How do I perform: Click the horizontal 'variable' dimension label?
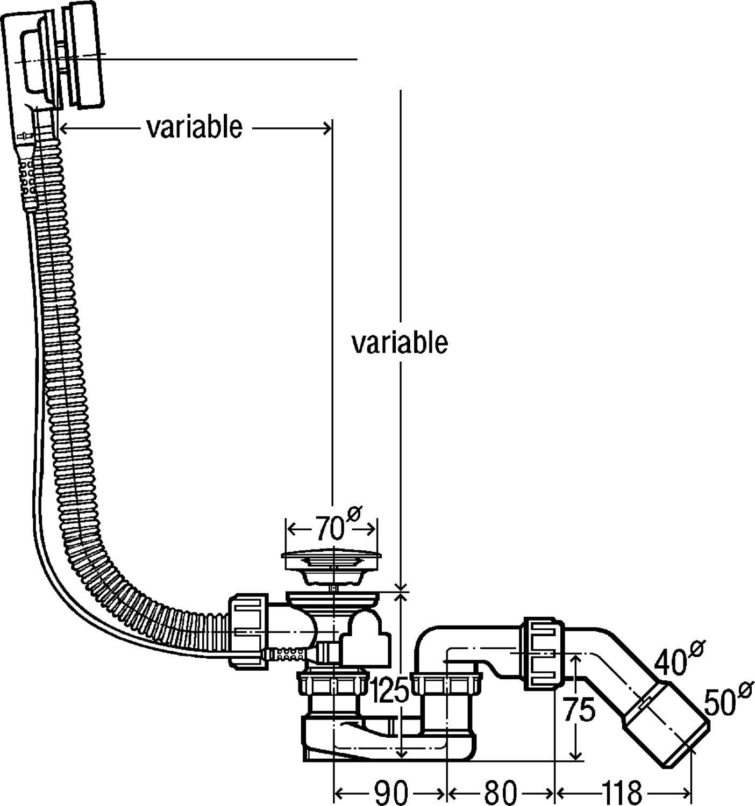tap(195, 128)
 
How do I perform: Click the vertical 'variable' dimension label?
tap(400, 343)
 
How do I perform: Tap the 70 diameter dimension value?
tap(330, 529)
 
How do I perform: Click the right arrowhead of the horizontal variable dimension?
tap(326, 128)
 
